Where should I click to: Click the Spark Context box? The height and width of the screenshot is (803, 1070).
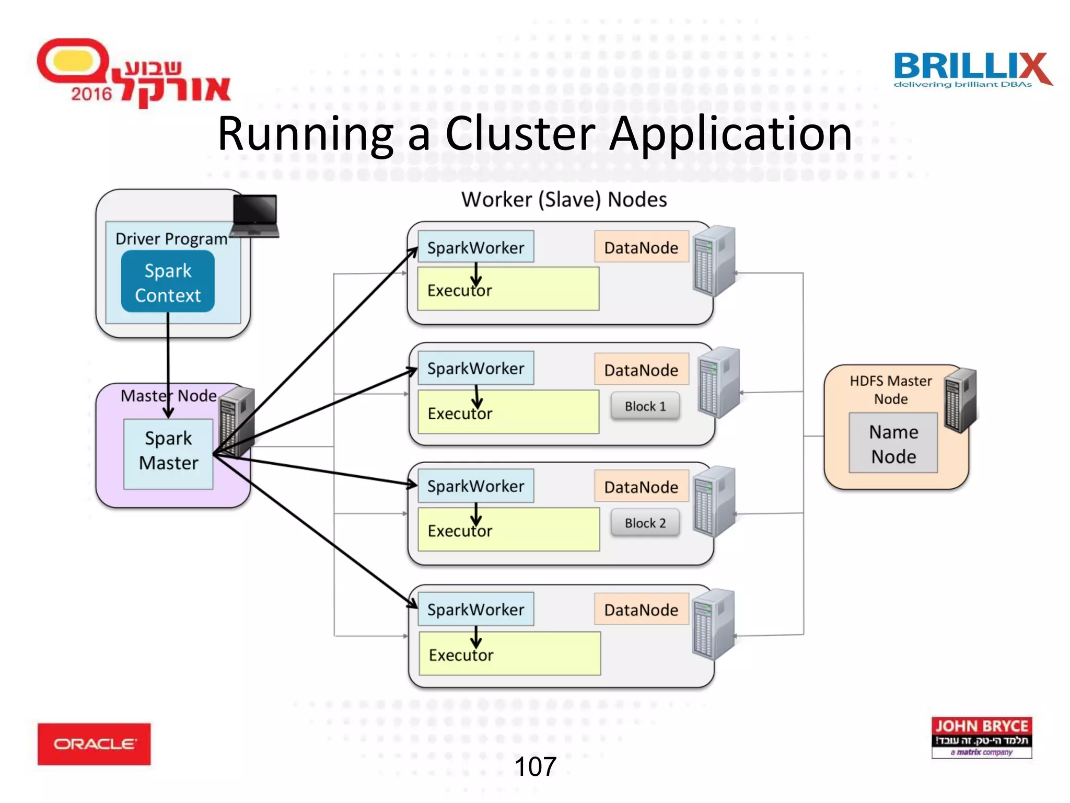click(168, 282)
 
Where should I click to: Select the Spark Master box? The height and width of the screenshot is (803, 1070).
click(168, 454)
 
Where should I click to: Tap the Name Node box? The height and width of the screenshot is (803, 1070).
click(893, 443)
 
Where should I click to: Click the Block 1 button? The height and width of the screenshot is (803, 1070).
click(645, 406)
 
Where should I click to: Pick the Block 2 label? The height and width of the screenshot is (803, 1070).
click(645, 523)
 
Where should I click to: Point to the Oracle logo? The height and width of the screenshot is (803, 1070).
click(94, 744)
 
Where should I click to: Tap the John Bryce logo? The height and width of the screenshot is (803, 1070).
click(981, 737)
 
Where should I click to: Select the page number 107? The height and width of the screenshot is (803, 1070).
click(535, 767)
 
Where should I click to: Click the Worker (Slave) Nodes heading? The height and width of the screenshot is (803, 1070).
click(564, 200)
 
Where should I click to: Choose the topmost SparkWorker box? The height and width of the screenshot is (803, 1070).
click(475, 247)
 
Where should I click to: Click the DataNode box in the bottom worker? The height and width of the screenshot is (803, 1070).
click(641, 610)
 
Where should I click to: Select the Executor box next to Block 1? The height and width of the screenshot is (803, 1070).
click(508, 412)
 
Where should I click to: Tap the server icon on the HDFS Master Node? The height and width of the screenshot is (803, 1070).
click(960, 400)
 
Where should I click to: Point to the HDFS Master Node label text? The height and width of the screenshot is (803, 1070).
click(890, 389)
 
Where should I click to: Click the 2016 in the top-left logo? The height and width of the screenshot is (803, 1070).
click(91, 94)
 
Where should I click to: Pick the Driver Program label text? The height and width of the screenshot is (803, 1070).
click(171, 239)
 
